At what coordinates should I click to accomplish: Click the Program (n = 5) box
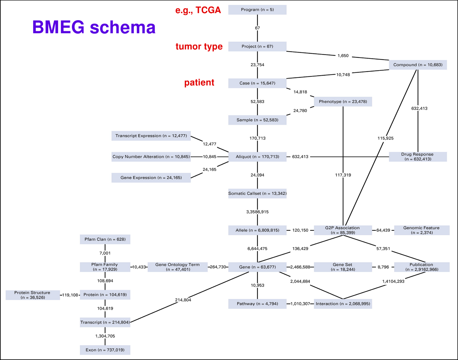(257, 10)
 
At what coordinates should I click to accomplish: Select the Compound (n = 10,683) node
(418, 65)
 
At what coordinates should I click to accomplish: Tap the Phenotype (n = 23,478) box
(343, 102)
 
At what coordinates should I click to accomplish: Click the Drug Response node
(418, 157)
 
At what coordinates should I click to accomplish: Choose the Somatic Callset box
(257, 193)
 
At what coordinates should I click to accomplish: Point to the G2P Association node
(343, 230)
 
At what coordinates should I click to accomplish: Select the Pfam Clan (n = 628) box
(105, 239)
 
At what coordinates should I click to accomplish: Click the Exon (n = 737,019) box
(105, 350)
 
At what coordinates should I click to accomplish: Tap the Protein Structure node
(33, 295)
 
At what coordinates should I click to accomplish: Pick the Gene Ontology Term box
(177, 267)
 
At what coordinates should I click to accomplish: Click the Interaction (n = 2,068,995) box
(343, 304)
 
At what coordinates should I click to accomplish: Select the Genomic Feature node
(422, 230)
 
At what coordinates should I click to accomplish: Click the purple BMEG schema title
(94, 27)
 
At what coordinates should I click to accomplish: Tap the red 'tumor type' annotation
(199, 46)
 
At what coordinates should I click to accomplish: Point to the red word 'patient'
(199, 83)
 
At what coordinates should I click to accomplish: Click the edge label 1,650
(343, 56)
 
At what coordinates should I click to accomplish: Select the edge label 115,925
(385, 138)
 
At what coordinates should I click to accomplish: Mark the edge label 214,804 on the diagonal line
(183, 300)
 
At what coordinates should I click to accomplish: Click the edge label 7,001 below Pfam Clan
(105, 253)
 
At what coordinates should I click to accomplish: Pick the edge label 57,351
(383, 249)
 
